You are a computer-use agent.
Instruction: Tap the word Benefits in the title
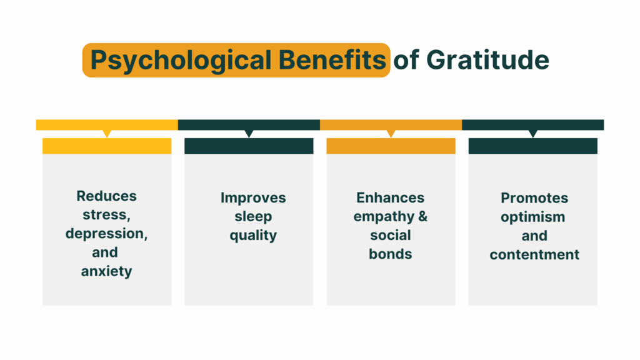pos(332,60)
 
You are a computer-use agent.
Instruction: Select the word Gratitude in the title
pos(488,60)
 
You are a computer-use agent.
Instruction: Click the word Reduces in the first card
pos(107,196)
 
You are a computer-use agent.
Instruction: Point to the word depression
pos(107,233)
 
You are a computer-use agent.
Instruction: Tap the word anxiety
pos(107,271)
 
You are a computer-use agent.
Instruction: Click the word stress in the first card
pos(105,214)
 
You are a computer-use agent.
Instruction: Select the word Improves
pos(253,197)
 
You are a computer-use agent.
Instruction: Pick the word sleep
pos(253,216)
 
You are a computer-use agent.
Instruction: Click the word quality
pos(253,235)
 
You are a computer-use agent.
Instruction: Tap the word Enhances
pos(391,197)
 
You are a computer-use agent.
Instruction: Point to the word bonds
pos(391,254)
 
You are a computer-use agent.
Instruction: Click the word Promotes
pos(534,197)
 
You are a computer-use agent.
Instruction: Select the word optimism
pos(533,216)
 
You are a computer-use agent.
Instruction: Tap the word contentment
pos(534,254)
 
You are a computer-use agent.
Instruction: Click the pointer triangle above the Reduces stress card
pos(107,133)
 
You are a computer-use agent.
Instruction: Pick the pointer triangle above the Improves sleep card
pos(249,133)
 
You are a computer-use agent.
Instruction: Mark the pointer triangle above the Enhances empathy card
pos(391,133)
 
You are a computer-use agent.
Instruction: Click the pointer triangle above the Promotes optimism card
pos(532,133)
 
